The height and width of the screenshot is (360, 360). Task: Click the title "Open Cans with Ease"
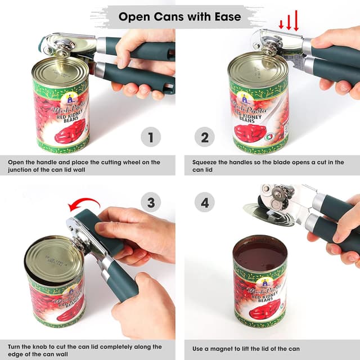(x=180, y=16)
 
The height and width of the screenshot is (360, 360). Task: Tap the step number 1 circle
(x=150, y=137)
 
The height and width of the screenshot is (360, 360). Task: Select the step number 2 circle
(x=205, y=137)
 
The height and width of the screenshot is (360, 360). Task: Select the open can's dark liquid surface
(x=260, y=253)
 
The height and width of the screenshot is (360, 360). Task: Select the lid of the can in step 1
(x=59, y=70)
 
